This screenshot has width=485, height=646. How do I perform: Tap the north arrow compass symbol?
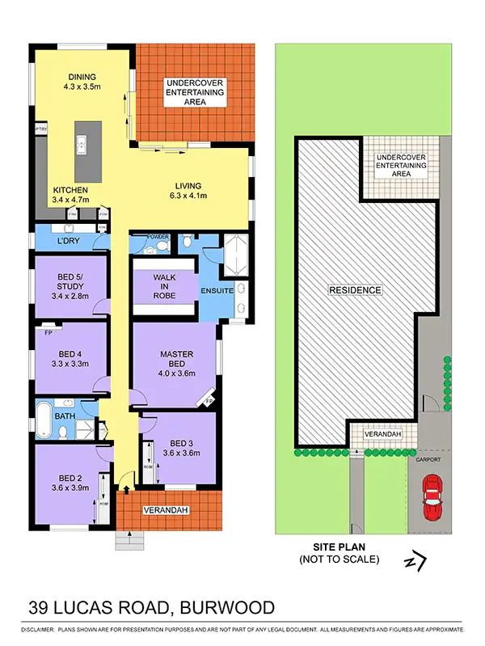tap(415, 560)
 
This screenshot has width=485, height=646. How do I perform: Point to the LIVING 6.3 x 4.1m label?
tap(188, 189)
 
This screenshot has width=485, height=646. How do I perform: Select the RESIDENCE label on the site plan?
tap(354, 289)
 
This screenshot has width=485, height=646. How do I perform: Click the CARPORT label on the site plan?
tap(429, 459)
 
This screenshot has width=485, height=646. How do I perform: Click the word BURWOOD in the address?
tap(229, 607)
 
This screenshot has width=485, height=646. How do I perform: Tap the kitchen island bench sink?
tap(82, 145)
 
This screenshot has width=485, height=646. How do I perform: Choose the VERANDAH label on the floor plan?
tap(166, 511)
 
